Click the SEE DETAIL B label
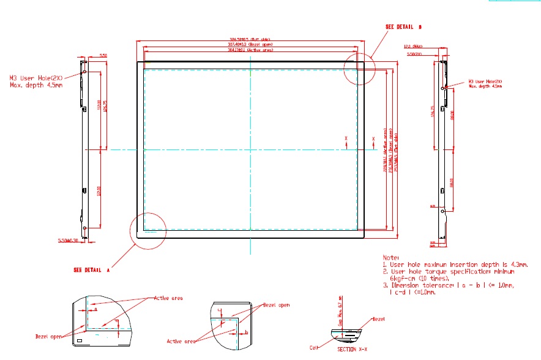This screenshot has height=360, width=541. point(404,27)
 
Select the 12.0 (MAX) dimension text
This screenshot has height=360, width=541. point(414,47)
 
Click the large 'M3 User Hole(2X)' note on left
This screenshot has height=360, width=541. point(37,81)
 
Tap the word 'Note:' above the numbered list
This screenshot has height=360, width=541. point(390,258)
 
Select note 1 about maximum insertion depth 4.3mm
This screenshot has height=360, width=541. point(455,264)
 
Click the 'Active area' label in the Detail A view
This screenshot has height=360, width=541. point(169,298)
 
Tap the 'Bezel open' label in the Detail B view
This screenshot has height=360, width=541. point(276,304)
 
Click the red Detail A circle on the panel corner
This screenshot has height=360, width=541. point(147,231)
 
